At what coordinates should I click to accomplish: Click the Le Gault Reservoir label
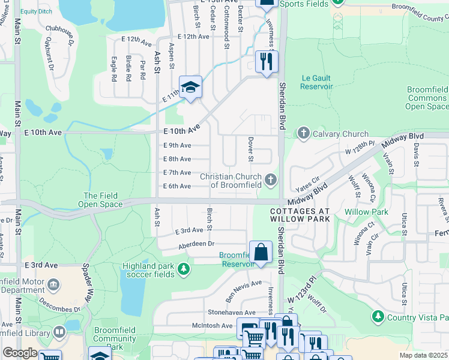[317, 82]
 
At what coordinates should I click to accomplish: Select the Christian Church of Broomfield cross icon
[271, 179]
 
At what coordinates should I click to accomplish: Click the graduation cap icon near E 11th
[190, 87]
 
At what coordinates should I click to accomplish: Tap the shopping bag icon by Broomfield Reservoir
[261, 252]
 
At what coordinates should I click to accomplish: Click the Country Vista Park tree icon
[378, 316]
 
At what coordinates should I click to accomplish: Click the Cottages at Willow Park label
[300, 215]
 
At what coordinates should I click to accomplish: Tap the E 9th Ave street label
[177, 145]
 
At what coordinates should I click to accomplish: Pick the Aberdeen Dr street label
[196, 244]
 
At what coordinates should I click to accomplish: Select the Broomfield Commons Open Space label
[427, 98]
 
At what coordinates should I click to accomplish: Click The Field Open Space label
[100, 200]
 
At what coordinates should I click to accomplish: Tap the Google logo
[20, 353]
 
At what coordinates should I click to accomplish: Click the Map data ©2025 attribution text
[423, 355]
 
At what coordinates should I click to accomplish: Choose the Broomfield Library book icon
[59, 331]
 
